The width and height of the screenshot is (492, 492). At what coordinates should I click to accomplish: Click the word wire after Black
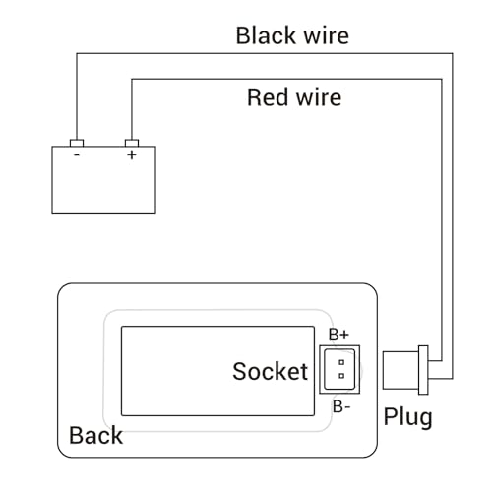coord(322,36)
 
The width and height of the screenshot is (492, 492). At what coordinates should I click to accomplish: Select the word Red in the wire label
coord(269,97)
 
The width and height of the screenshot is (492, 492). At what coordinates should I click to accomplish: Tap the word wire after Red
coord(318,97)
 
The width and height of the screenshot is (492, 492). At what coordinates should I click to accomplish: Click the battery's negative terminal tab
coord(76,142)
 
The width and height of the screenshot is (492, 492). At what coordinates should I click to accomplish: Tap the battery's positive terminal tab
coord(131,142)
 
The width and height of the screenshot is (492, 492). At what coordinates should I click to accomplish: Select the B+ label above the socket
coord(338,335)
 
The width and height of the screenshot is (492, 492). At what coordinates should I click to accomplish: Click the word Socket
coord(270,371)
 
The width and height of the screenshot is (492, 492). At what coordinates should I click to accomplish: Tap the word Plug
coord(407,416)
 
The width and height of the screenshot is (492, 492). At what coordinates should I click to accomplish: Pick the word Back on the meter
coord(95,435)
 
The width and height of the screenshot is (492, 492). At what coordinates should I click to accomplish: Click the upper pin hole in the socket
coord(339,363)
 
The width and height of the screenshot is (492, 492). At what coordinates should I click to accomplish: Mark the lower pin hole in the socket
coord(339,376)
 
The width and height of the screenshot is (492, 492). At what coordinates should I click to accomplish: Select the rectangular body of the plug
coord(400,370)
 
